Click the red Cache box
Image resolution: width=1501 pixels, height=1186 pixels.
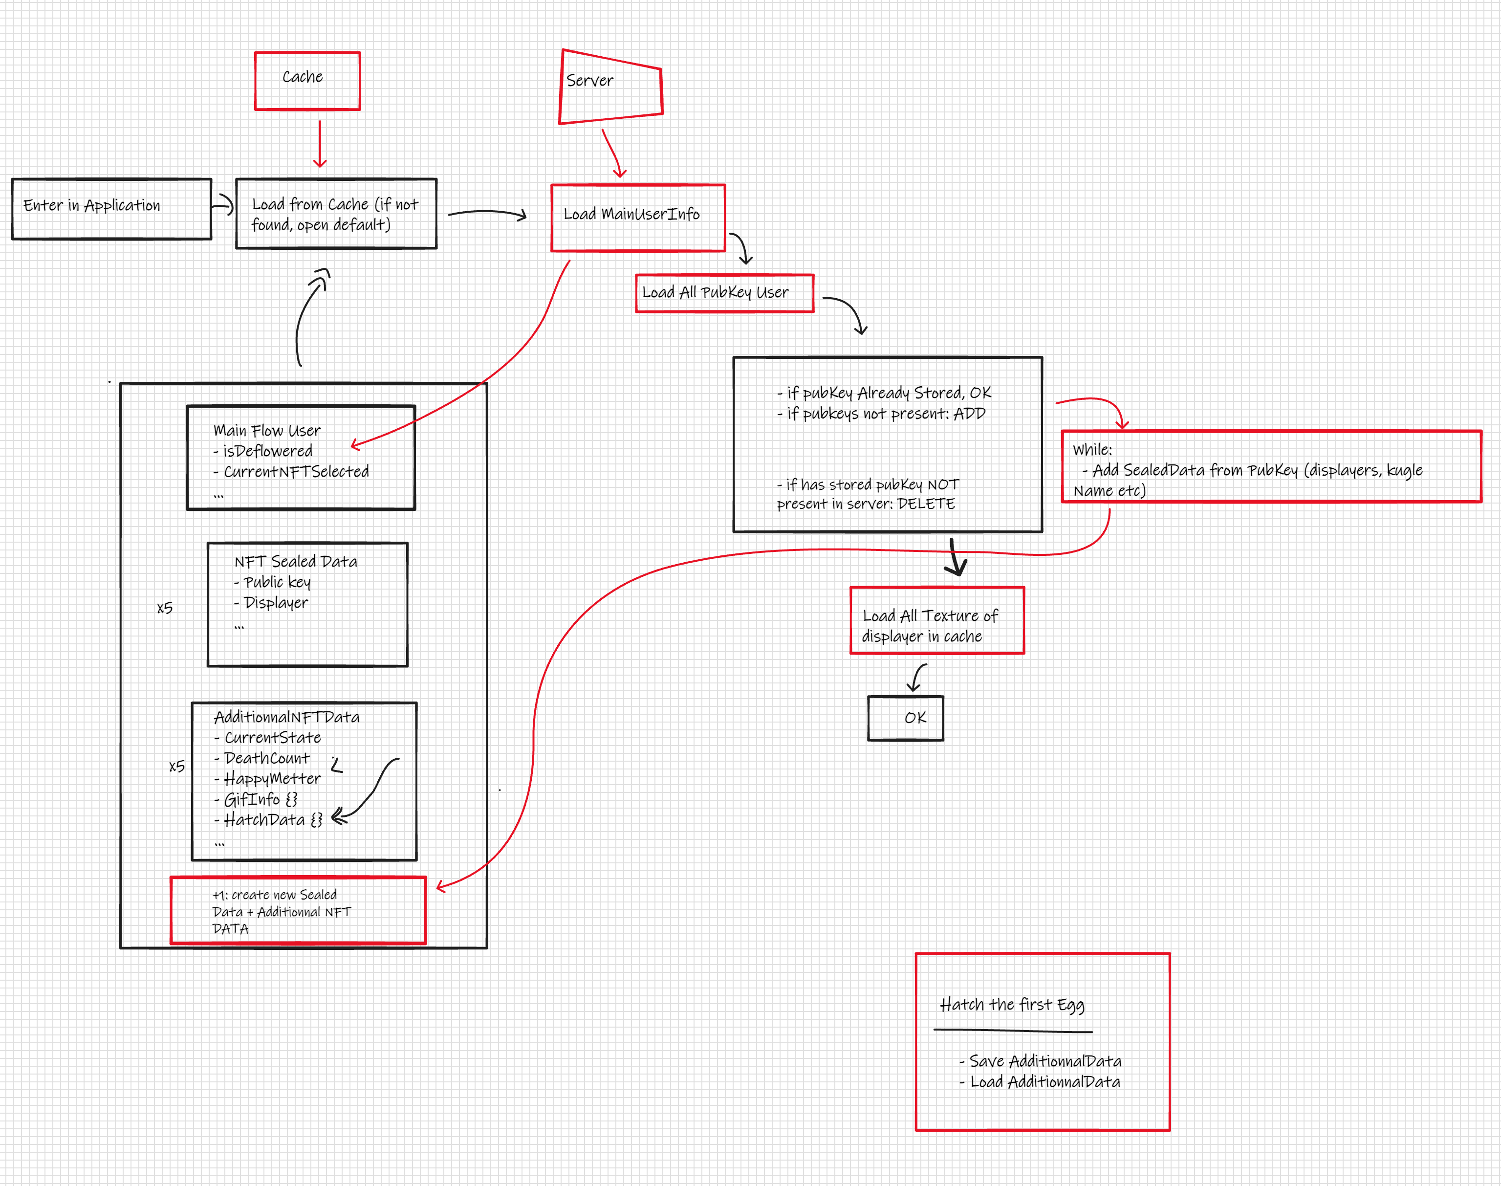point(307,81)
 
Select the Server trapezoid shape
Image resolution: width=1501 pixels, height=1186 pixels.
point(610,87)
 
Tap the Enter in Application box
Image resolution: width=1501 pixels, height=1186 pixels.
point(111,208)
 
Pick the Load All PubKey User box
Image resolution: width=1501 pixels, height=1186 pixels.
point(724,293)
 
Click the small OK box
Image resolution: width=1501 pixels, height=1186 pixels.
point(905,718)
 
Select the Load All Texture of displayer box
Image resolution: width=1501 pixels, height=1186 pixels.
point(936,620)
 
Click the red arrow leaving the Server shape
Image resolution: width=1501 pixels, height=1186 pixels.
point(611,153)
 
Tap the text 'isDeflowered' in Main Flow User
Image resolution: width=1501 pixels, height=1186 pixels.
point(267,451)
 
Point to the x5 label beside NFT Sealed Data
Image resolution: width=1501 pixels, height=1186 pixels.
point(165,608)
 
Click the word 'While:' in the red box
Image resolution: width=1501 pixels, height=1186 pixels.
point(1091,450)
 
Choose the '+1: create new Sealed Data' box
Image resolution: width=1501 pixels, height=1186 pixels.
point(298,910)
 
